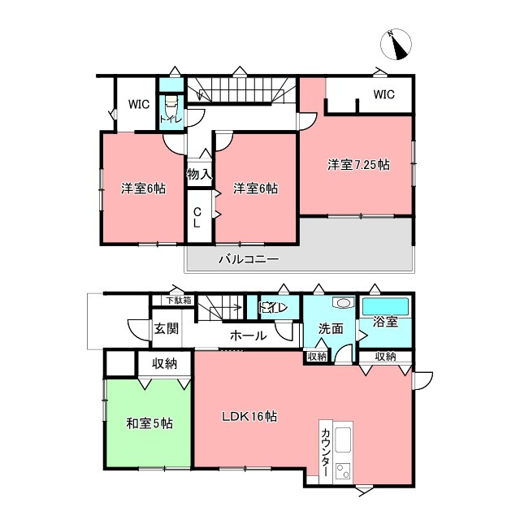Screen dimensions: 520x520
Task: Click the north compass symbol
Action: click(x=396, y=45)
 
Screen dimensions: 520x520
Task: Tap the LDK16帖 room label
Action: click(x=249, y=416)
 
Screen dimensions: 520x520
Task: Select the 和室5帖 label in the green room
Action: click(x=149, y=423)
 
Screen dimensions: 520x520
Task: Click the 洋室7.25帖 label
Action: click(x=358, y=164)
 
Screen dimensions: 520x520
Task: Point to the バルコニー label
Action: click(x=249, y=259)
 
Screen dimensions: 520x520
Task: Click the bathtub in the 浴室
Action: click(x=385, y=306)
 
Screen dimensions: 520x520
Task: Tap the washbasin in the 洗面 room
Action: click(x=343, y=302)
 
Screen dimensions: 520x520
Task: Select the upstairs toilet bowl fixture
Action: click(x=171, y=104)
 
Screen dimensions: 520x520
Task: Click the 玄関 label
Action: click(x=167, y=328)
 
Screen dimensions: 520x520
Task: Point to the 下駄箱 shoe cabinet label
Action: click(x=179, y=301)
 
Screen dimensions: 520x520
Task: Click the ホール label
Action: click(x=249, y=336)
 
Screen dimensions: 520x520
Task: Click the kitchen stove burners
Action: click(x=343, y=471)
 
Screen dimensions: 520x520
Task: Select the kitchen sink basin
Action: click(x=343, y=440)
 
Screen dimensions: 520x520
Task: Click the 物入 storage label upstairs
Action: click(x=199, y=174)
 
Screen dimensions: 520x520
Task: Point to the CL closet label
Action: click(x=197, y=218)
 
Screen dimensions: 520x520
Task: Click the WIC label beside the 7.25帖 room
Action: click(x=383, y=94)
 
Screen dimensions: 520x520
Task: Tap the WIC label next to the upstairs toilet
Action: click(x=139, y=104)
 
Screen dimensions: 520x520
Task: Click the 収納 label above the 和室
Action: click(x=164, y=364)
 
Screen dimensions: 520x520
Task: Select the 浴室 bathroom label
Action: click(x=385, y=322)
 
